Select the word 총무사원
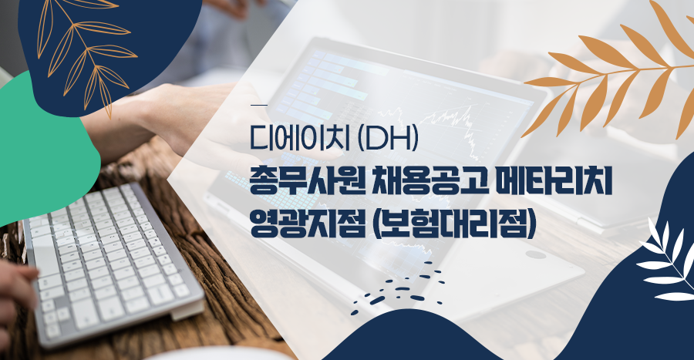pos(306,182)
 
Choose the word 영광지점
pos(306,224)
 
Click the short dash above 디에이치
pos(258,105)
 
